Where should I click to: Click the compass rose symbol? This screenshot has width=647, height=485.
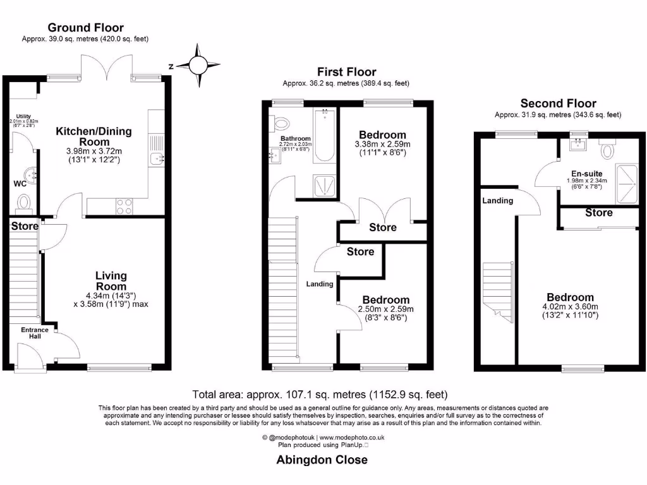(x=198, y=65)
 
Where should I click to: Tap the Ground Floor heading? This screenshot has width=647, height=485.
(x=86, y=28)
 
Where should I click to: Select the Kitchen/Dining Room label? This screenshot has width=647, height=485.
(x=94, y=136)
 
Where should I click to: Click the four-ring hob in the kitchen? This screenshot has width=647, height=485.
(x=124, y=207)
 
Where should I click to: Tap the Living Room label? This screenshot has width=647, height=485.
(x=111, y=280)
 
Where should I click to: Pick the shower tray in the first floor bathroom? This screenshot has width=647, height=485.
(x=326, y=186)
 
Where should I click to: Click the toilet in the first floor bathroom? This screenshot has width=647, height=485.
(x=281, y=123)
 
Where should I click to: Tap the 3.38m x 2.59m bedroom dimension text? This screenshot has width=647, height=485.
(x=382, y=147)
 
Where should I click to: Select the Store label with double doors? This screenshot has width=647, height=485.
(x=383, y=227)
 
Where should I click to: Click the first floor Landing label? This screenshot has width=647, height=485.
(x=320, y=284)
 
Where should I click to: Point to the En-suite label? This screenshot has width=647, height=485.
(x=587, y=173)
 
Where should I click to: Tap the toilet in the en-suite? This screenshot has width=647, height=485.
(x=608, y=150)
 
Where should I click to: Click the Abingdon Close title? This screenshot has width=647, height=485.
(x=322, y=460)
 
